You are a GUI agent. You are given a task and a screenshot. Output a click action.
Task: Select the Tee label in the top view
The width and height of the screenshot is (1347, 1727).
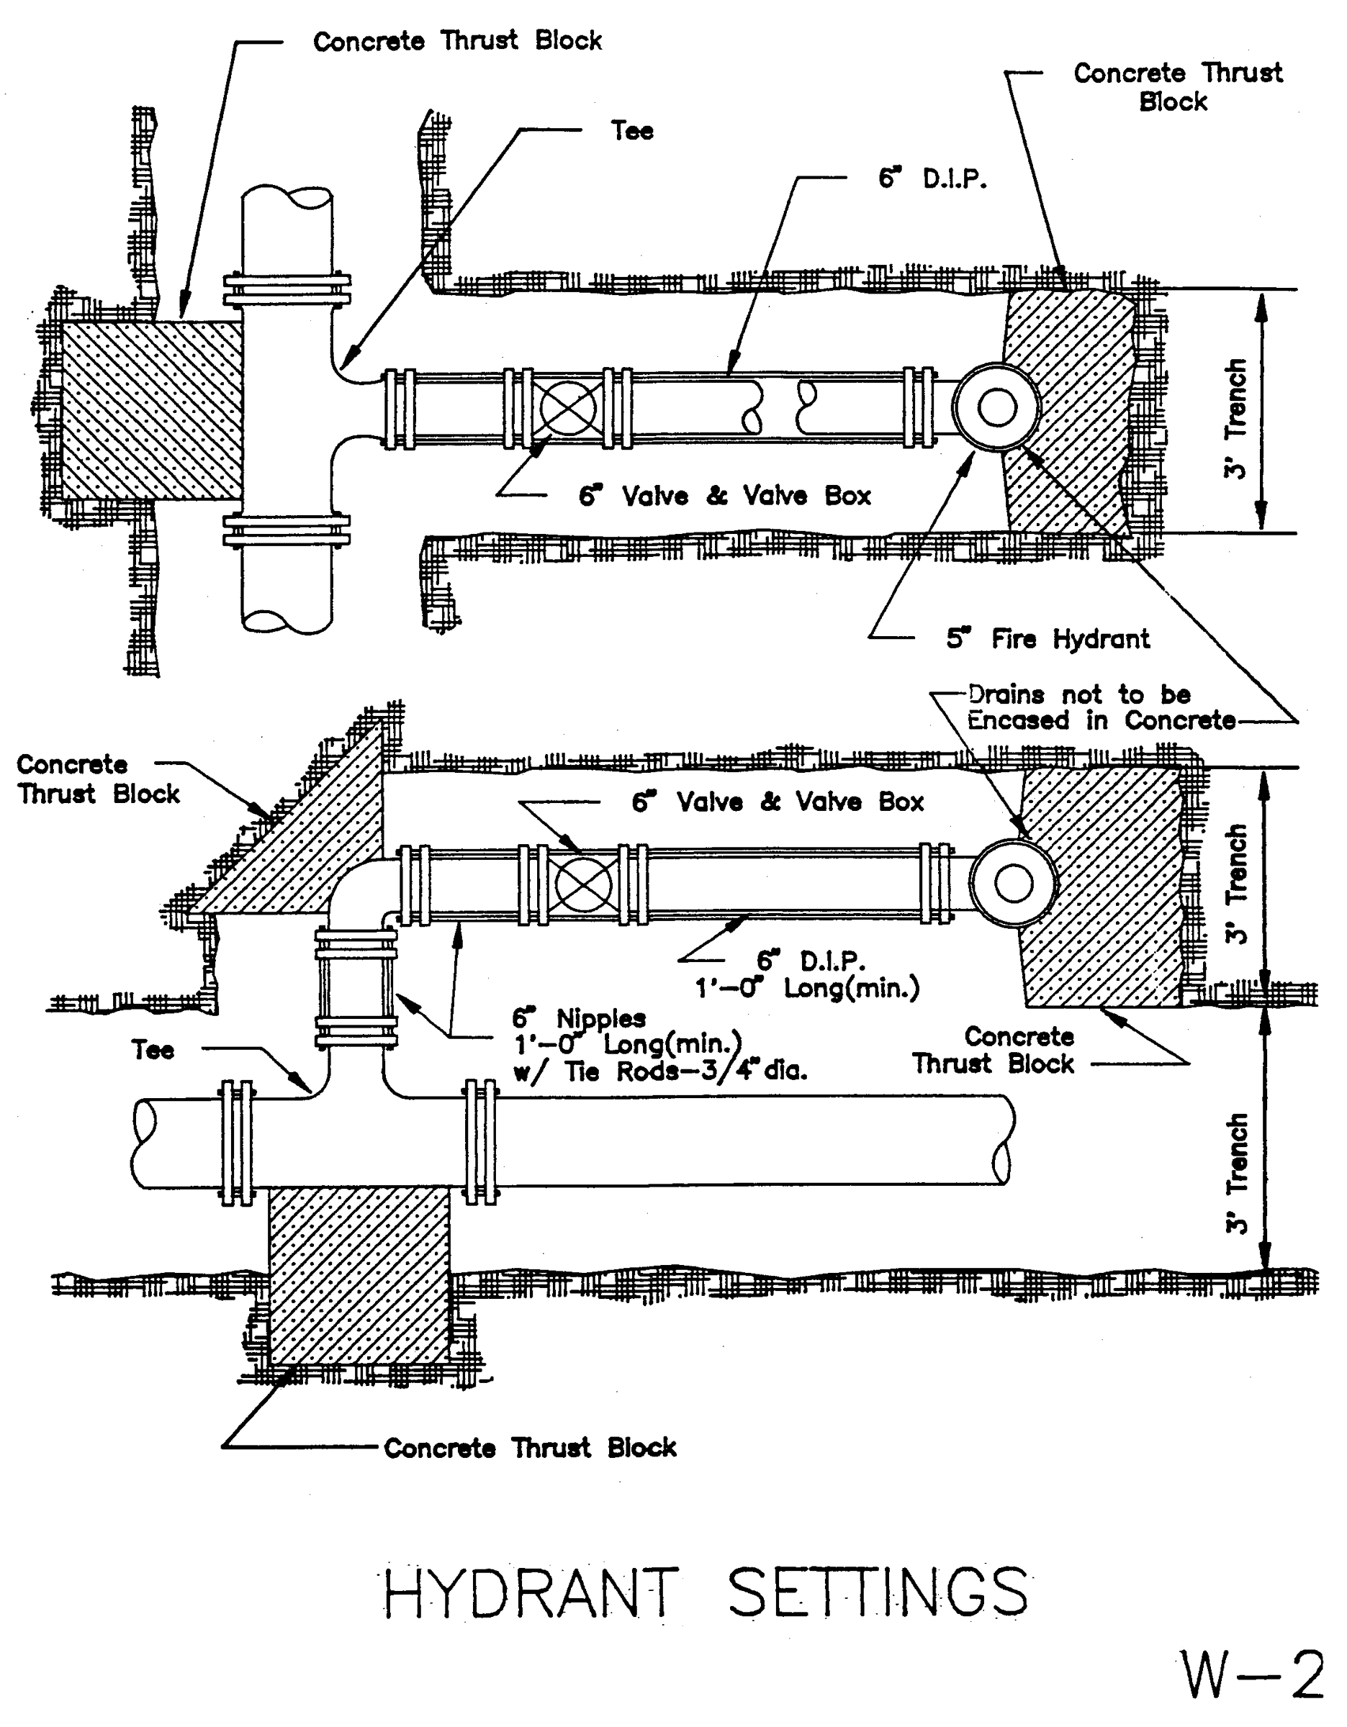point(631,130)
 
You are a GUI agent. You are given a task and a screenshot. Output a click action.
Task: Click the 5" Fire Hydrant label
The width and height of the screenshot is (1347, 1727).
point(1048,639)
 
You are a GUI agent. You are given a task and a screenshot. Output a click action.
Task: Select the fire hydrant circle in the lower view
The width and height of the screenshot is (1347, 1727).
point(1013,882)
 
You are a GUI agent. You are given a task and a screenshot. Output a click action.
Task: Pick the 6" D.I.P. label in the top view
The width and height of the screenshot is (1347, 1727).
point(932,178)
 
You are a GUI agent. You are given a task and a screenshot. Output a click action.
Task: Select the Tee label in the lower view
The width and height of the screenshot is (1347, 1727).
point(152,1050)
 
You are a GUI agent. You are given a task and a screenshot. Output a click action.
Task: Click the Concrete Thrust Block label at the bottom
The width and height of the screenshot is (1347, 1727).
point(529,1447)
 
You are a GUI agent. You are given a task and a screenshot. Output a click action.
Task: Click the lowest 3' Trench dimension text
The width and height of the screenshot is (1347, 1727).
point(1236,1174)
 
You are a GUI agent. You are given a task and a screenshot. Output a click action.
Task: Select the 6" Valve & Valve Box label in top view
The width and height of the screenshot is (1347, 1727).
point(724,496)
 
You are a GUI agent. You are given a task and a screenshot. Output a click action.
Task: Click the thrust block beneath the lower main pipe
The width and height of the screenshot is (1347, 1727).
point(359,1276)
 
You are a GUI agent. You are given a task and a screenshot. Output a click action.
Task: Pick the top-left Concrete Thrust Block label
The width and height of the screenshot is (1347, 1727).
point(457,41)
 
